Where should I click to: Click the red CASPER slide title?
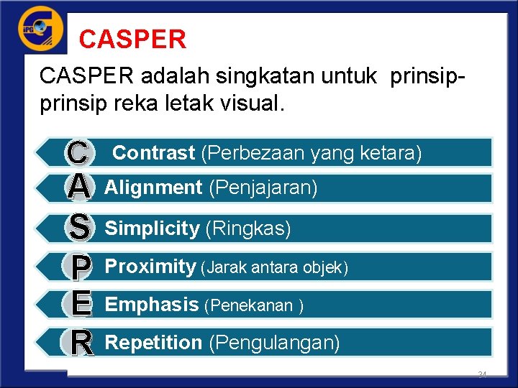pyautogui.click(x=133, y=39)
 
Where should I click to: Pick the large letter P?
pyautogui.click(x=81, y=268)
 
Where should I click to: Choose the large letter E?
pyautogui.click(x=81, y=304)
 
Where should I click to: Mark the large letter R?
pyautogui.click(x=82, y=343)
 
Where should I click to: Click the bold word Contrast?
pyautogui.click(x=154, y=153)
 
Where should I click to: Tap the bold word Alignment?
pyautogui.click(x=153, y=188)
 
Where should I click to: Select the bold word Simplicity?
pyautogui.click(x=152, y=229)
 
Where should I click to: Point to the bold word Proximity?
pyautogui.click(x=150, y=267)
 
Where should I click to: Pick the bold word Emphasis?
pyautogui.click(x=151, y=305)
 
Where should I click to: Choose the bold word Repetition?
pyautogui.click(x=153, y=343)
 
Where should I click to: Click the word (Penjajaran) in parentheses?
pyautogui.click(x=263, y=188)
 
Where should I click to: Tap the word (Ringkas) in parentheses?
pyautogui.click(x=248, y=229)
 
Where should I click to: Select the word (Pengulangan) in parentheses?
pyautogui.click(x=274, y=343)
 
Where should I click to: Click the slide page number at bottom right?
pyautogui.click(x=482, y=375)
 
